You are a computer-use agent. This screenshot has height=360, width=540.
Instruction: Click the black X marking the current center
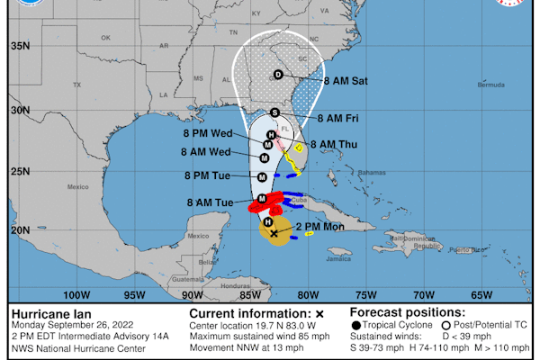pyautogui.click(x=274, y=233)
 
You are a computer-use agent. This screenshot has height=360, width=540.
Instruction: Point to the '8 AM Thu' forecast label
pyautogui.click(x=332, y=143)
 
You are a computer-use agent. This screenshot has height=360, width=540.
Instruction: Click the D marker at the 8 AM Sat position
pyautogui.click(x=277, y=74)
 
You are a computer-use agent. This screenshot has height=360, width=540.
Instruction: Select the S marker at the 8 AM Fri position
pyautogui.click(x=274, y=112)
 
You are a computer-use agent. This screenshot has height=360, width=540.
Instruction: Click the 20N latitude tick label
pyautogui.click(x=20, y=229)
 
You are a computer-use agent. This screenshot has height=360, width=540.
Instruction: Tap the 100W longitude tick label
pyautogui.click(x=77, y=293)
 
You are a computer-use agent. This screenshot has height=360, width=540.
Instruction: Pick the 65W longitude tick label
pyautogui.click(x=481, y=293)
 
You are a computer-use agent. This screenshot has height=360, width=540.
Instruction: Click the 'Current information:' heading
pyautogui.click(x=244, y=312)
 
